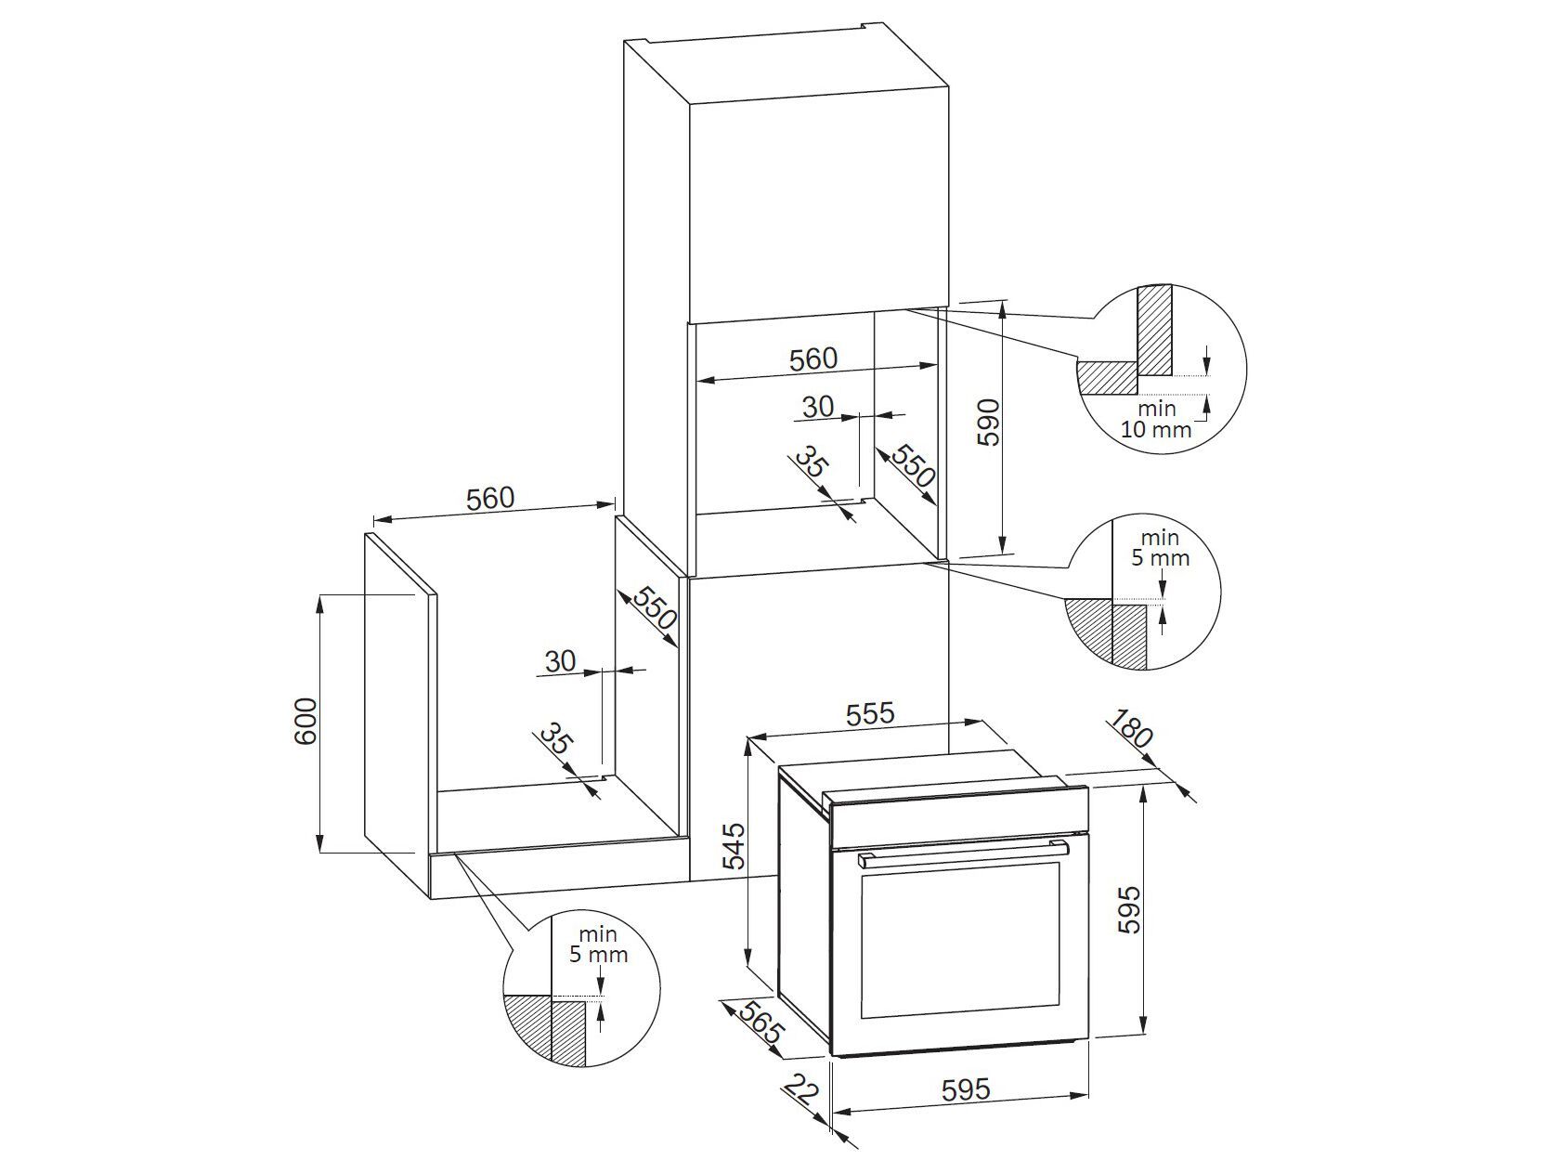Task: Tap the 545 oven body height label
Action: coord(734,844)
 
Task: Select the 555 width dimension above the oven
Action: coord(870,713)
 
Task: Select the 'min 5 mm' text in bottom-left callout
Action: coord(598,945)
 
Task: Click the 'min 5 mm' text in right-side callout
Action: coord(1160,548)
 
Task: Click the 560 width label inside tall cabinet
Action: coord(812,358)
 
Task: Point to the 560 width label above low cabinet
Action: coord(489,499)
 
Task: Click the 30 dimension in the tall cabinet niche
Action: coord(818,406)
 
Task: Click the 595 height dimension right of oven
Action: coord(1127,909)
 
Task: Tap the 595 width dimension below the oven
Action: coord(965,1089)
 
